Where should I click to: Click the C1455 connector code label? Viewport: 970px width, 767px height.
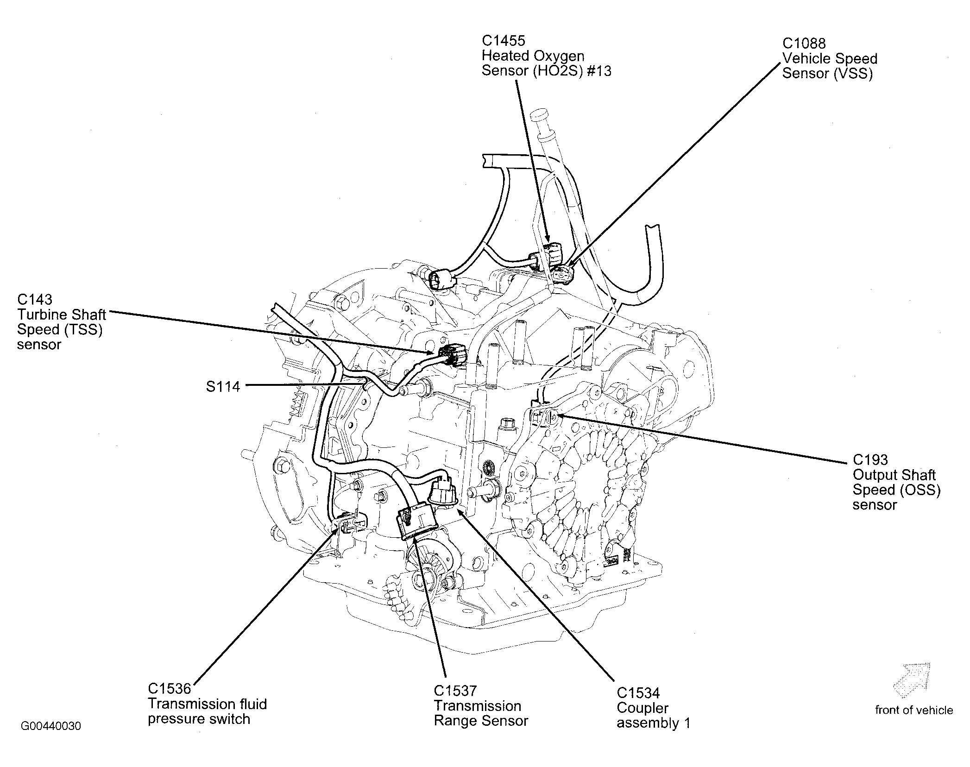point(503,41)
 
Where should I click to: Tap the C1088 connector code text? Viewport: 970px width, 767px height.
point(804,44)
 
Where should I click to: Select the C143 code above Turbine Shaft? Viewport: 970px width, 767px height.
point(35,299)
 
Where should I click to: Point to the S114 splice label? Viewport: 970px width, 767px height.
point(223,387)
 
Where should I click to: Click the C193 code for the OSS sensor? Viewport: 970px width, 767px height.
point(870,459)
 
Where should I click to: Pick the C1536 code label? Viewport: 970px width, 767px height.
point(169,689)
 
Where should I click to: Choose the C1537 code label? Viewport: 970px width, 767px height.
point(455,691)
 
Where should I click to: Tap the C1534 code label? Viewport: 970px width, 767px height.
point(638,693)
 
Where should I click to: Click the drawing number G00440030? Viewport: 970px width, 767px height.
point(51,726)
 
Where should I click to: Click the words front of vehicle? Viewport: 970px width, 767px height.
point(913,710)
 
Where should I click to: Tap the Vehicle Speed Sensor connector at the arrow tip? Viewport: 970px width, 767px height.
point(564,275)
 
